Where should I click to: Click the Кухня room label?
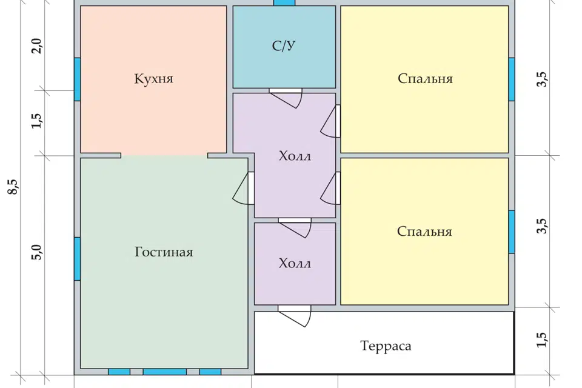[x=153, y=79]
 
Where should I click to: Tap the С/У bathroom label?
[x=284, y=45]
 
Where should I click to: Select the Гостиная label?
[x=164, y=252]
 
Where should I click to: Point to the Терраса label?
[x=386, y=346]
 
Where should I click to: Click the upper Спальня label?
[x=425, y=79]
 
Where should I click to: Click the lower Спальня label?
[x=424, y=232]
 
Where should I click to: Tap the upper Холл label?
[x=295, y=156]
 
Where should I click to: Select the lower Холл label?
[x=295, y=264]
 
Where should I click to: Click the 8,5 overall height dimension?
[x=13, y=187]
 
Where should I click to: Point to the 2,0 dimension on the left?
[x=37, y=46]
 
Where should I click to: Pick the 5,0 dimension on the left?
[x=37, y=252]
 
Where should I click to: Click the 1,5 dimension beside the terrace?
[x=541, y=339]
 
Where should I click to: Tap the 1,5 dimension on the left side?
[x=37, y=121]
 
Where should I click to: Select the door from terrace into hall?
[x=295, y=316]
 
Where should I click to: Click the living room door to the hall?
[x=244, y=188]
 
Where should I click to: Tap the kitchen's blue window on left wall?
[x=77, y=79]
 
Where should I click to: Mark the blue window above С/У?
[x=284, y=2]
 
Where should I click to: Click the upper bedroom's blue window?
[x=512, y=79]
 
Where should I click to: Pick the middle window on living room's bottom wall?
[x=165, y=372]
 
